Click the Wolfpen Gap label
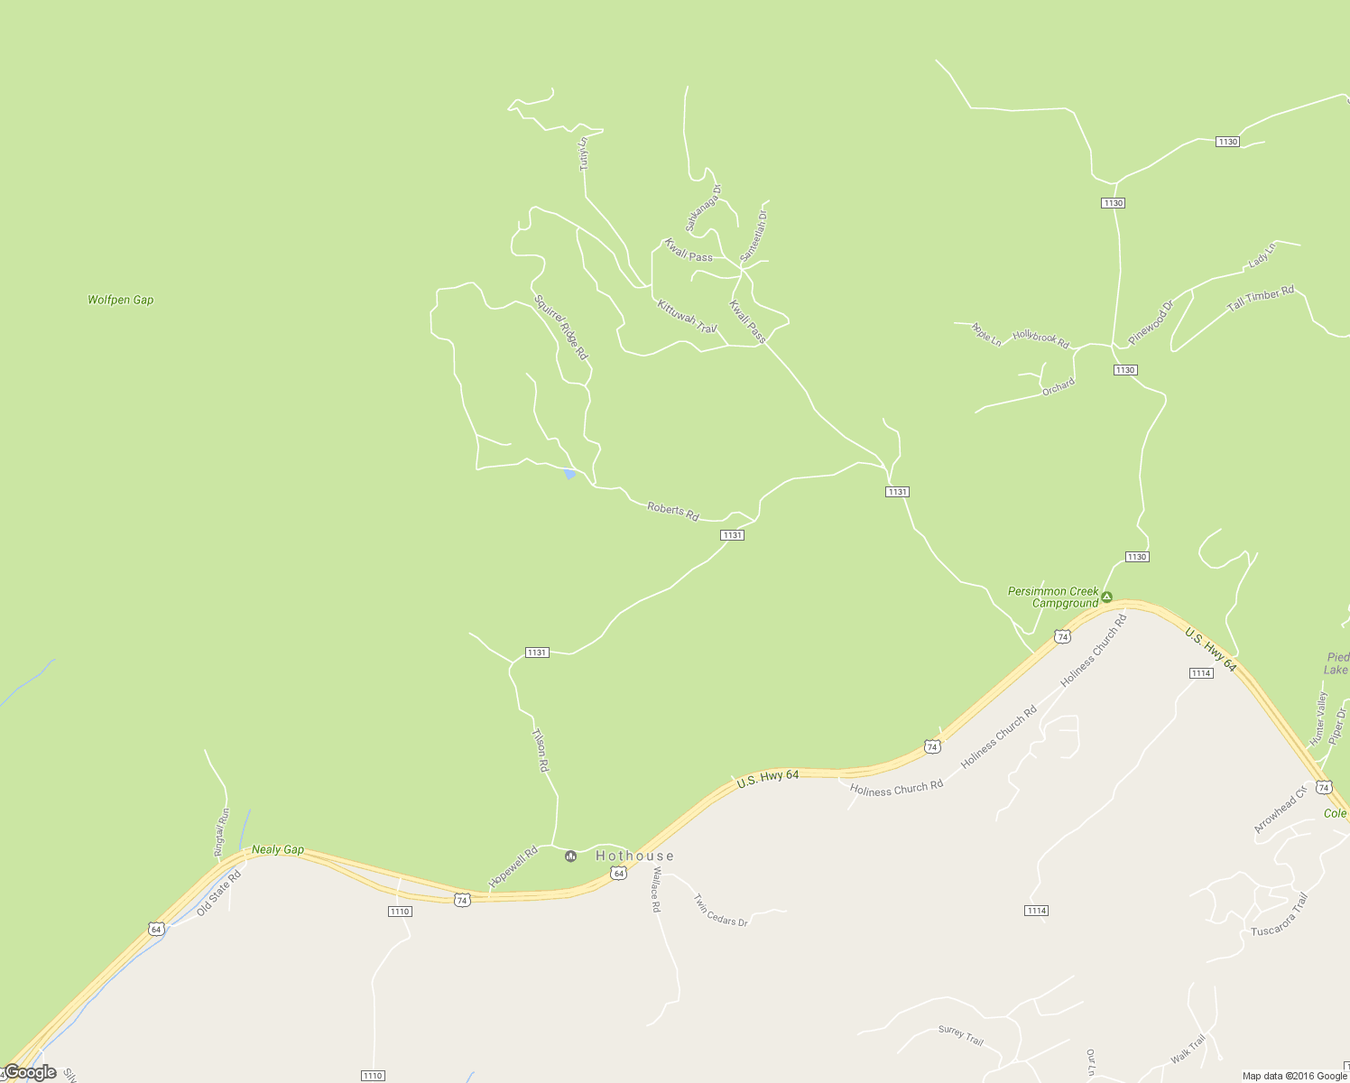120,300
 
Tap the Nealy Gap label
277,849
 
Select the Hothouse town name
634,856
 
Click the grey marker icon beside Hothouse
570,856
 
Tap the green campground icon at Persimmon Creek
1106,597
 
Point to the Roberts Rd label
672,512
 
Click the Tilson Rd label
540,751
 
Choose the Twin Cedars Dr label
720,910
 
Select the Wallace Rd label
656,890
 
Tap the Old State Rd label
219,892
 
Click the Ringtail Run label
221,831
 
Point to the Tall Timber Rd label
1260,300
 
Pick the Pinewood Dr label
1151,322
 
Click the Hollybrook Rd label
1040,339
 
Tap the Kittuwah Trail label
687,316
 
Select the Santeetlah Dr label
753,236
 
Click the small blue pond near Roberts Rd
569,474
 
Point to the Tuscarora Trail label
1279,913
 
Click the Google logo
30,1072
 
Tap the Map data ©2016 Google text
1294,1076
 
